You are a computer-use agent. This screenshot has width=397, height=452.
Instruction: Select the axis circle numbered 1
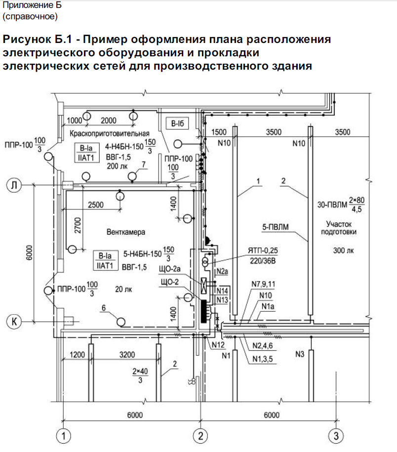point(63,436)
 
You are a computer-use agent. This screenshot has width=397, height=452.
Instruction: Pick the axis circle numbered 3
point(335,436)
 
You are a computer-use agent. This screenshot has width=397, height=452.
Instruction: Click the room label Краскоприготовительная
point(109,134)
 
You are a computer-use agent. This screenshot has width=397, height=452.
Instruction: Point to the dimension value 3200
point(127,354)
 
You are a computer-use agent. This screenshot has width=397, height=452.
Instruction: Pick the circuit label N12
point(217,344)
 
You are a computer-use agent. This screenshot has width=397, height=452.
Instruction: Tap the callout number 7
point(143,164)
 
